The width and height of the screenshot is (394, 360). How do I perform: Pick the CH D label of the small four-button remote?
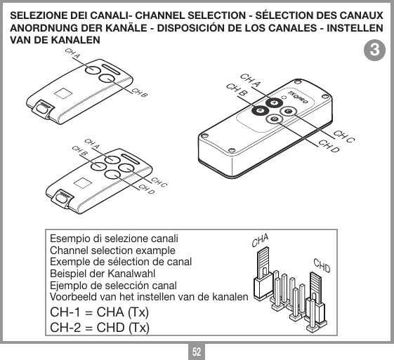point(146,189)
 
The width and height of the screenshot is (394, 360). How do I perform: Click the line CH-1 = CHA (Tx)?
point(98,312)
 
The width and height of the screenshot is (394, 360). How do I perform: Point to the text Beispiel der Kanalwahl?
point(102,274)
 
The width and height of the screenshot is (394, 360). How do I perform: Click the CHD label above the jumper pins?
point(322,266)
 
